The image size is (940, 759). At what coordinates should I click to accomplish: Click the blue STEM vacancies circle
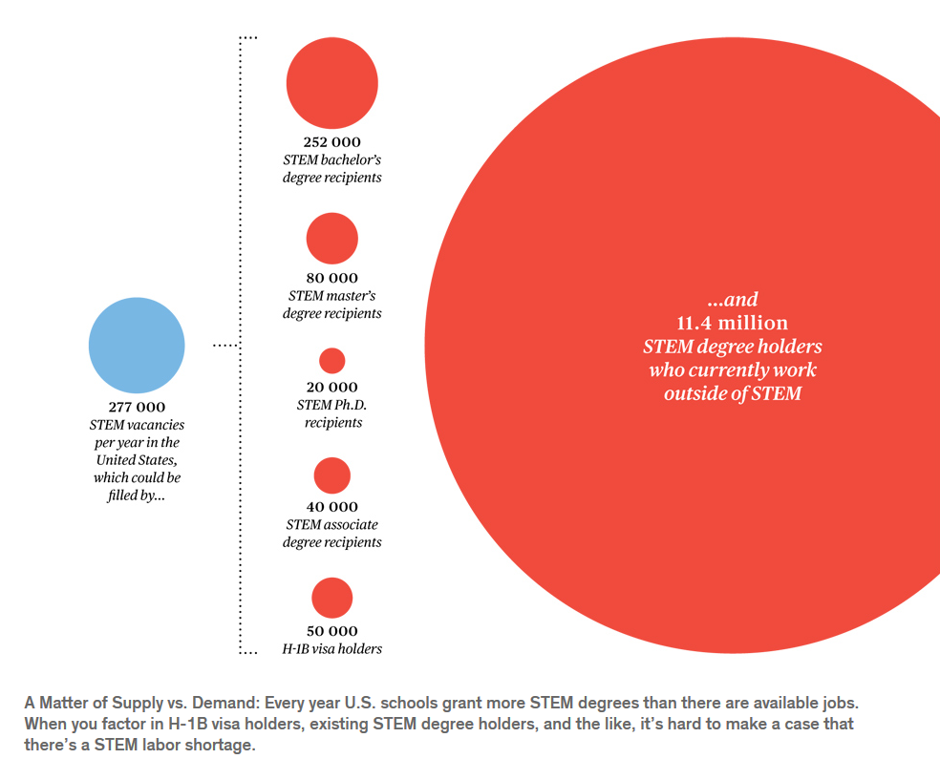pos(137,345)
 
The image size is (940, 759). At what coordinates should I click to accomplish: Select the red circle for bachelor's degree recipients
pos(332,83)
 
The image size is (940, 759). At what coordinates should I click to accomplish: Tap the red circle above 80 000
pos(331,239)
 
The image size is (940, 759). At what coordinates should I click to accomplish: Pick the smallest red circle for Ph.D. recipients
pos(331,361)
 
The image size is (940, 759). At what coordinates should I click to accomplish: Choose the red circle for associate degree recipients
pos(331,475)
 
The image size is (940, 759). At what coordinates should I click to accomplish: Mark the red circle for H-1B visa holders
pos(331,599)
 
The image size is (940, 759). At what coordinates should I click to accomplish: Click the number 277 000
pos(137,407)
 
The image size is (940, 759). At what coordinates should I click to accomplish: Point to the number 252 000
pos(331,142)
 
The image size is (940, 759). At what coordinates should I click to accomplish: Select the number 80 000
pos(331,279)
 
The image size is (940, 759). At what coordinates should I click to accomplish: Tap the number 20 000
pos(332,387)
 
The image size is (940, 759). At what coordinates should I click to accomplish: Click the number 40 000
pos(331,507)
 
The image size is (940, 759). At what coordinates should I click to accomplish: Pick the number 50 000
pos(331,631)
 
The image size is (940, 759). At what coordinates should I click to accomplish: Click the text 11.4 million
pos(733,323)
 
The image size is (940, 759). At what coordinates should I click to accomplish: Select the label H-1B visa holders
pos(331,649)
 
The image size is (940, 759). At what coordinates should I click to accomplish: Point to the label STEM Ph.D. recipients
pos(332,413)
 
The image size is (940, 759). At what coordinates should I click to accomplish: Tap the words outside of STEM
pos(733,392)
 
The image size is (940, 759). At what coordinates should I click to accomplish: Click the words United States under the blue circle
pos(137,460)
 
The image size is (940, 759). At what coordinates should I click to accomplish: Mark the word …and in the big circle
pos(733,300)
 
